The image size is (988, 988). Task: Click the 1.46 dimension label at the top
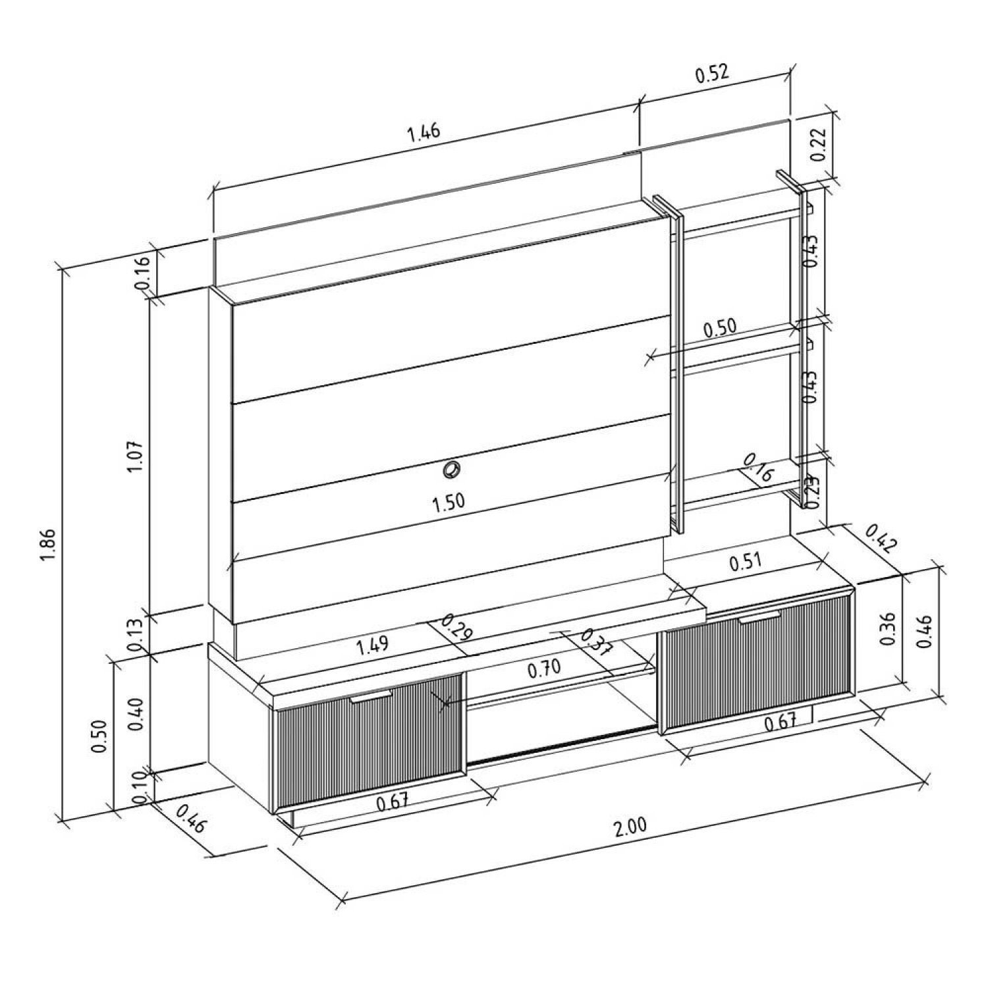click(x=424, y=133)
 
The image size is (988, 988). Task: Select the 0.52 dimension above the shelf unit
click(x=712, y=73)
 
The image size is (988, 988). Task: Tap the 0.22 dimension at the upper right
click(x=818, y=145)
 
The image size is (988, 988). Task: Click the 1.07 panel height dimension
click(x=136, y=456)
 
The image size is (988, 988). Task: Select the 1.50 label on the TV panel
click(x=448, y=502)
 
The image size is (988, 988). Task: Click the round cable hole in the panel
click(x=451, y=470)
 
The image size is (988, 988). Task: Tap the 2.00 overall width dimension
click(x=630, y=827)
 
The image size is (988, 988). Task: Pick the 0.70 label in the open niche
click(x=544, y=669)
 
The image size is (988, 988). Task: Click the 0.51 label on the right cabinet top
click(x=745, y=561)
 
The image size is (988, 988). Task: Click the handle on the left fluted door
click(x=371, y=697)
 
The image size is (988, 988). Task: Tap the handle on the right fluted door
click(x=759, y=617)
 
